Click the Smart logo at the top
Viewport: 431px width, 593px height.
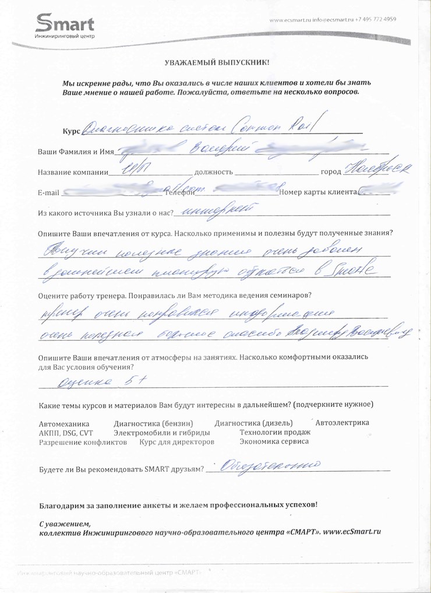(x=64, y=26)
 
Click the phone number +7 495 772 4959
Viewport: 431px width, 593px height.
(x=375, y=19)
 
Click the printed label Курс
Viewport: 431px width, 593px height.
(x=70, y=131)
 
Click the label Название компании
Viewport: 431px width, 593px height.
(x=73, y=173)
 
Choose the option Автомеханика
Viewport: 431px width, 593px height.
(x=63, y=423)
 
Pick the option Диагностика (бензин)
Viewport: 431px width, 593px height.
(x=154, y=423)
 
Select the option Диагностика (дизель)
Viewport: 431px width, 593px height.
(x=254, y=423)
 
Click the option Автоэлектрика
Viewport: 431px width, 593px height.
(x=342, y=423)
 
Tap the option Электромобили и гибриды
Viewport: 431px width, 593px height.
(x=162, y=433)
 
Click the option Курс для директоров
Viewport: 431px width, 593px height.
(x=177, y=443)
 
